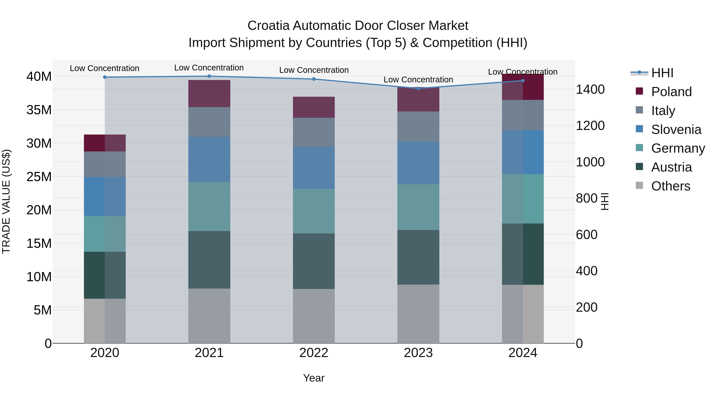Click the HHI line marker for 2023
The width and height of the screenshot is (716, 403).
[418, 88]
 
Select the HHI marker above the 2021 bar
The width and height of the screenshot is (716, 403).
[209, 76]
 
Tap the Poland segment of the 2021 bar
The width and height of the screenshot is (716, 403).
[209, 94]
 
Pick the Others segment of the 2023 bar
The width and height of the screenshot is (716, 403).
[418, 314]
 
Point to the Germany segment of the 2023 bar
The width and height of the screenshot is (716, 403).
[418, 207]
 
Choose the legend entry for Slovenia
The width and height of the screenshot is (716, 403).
[676, 130]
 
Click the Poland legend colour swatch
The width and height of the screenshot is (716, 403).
[639, 91]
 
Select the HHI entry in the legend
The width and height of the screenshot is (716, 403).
[662, 73]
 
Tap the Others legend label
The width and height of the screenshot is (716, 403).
[670, 186]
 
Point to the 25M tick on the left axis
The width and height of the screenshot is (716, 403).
[39, 177]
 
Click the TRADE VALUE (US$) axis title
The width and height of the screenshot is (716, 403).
[6, 201]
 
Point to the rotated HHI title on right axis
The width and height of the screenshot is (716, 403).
[605, 201]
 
